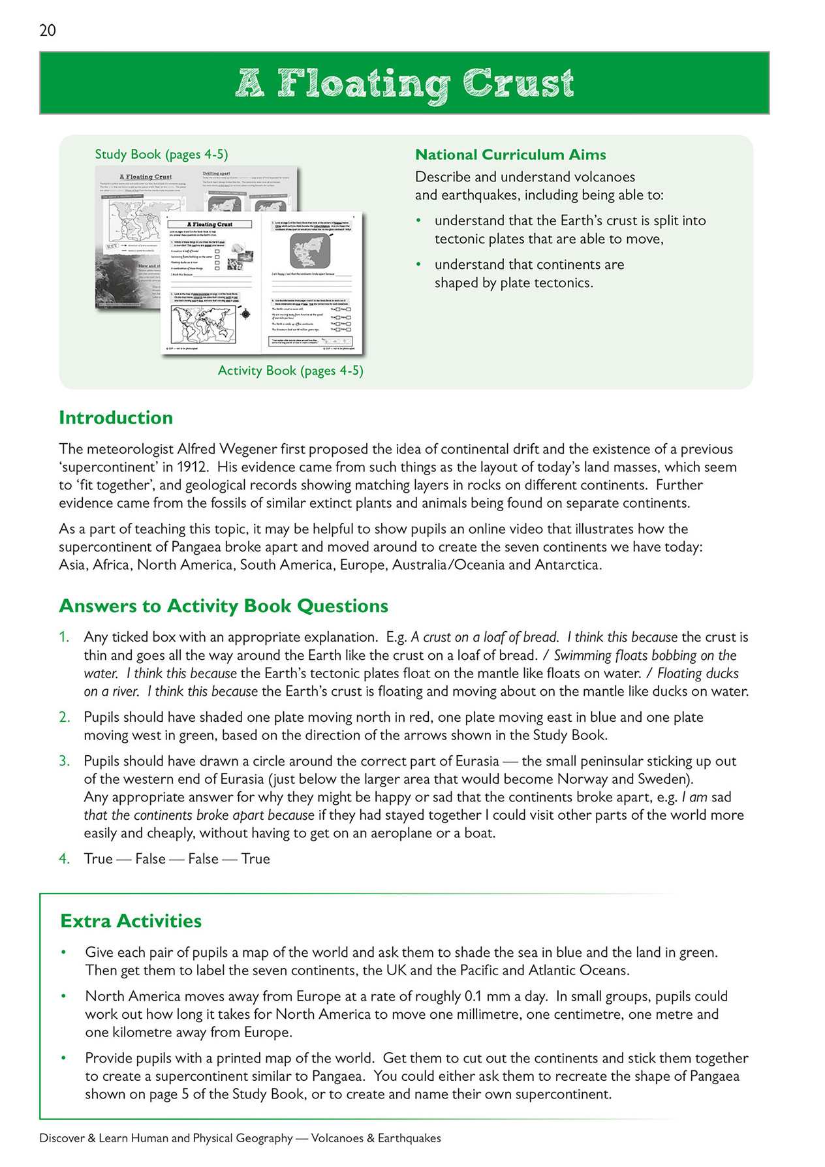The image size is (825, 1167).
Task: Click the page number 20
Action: point(48,30)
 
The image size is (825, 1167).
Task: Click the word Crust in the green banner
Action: point(518,84)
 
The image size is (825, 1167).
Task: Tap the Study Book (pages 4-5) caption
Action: point(161,155)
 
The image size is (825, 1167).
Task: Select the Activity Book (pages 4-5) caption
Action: point(290,371)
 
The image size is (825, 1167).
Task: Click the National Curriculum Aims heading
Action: point(510,155)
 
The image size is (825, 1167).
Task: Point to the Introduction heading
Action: point(116,418)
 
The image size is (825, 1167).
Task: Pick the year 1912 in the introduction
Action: point(192,467)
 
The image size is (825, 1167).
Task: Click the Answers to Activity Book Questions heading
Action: point(223,606)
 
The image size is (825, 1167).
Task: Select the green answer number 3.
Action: point(64,761)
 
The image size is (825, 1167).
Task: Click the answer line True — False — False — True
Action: point(177,859)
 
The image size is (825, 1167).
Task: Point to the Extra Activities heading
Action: point(131,921)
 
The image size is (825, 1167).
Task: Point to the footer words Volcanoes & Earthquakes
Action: point(376,1138)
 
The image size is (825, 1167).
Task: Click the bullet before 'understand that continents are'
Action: point(419,265)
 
